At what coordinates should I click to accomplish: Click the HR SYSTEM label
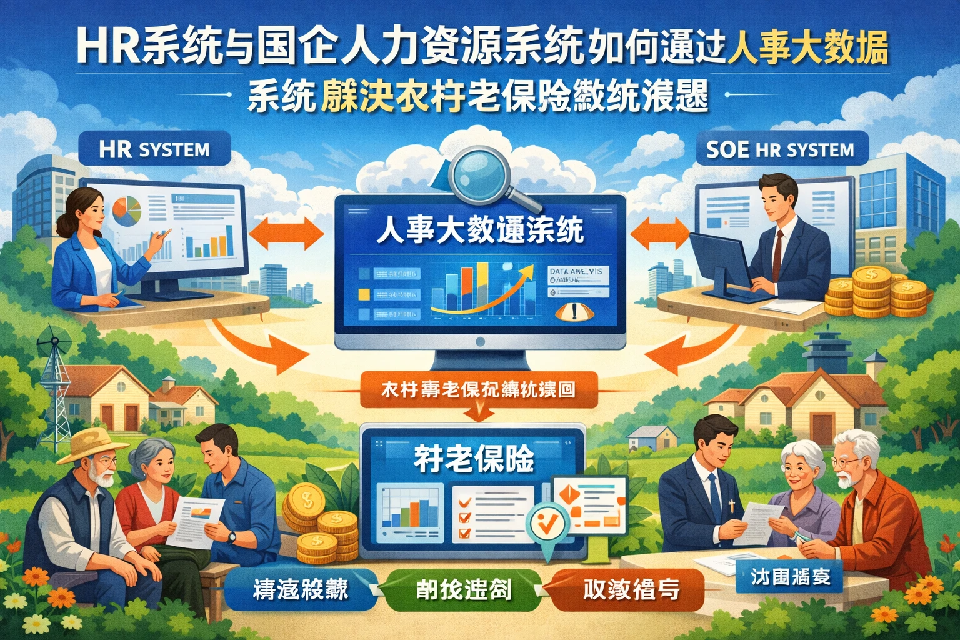point(154,150)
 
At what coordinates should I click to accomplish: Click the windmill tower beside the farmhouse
point(57,387)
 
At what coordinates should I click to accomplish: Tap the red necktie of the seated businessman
point(777,256)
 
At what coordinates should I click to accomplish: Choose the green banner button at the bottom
point(463,589)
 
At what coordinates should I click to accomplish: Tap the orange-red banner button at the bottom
point(631,589)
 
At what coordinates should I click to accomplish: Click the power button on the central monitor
point(480,342)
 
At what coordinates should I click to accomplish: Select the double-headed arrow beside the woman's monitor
point(287,235)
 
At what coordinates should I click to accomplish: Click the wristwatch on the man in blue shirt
point(232,536)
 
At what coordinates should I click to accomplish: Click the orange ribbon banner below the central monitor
point(479,391)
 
